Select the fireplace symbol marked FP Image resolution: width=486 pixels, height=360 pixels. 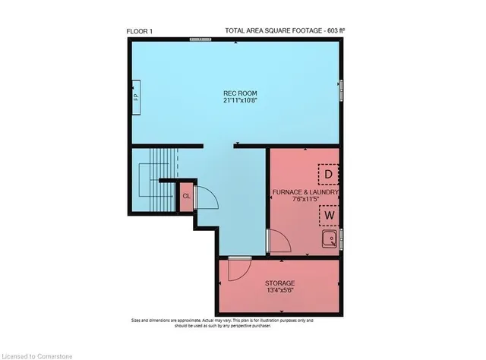[136, 98]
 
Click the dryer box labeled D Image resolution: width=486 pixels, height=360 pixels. [328, 175]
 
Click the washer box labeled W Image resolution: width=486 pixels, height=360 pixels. [328, 215]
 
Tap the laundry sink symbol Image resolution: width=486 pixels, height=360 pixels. [330, 241]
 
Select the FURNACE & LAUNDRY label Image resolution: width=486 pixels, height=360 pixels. [305, 193]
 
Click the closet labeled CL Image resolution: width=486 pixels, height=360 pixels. [186, 196]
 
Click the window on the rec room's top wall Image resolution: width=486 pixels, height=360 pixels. [200, 39]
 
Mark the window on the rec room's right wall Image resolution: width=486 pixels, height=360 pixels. [341, 88]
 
